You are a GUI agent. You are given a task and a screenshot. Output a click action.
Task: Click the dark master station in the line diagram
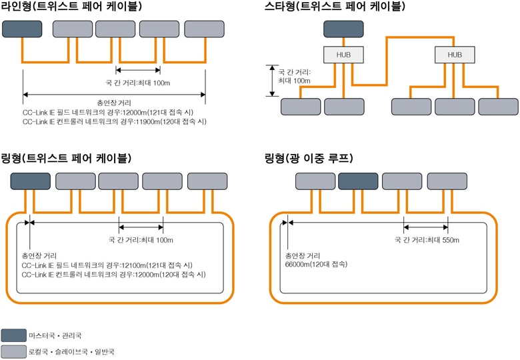click(22, 29)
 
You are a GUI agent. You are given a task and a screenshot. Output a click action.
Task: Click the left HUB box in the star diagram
click(343, 55)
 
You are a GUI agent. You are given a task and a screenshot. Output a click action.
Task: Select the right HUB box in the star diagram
click(455, 55)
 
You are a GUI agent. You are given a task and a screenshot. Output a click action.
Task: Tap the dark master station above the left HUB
click(343, 29)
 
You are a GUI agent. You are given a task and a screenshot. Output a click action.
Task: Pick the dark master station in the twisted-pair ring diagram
click(31, 181)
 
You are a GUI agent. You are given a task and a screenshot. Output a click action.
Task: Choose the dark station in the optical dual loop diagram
click(358, 181)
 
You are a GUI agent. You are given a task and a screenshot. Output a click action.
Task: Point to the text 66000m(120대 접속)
click(317, 264)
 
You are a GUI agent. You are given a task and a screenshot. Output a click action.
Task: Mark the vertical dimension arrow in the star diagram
click(271, 80)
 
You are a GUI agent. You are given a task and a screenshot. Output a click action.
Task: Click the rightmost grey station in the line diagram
click(204, 29)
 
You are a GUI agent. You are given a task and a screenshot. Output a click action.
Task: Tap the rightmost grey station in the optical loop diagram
click(447, 181)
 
